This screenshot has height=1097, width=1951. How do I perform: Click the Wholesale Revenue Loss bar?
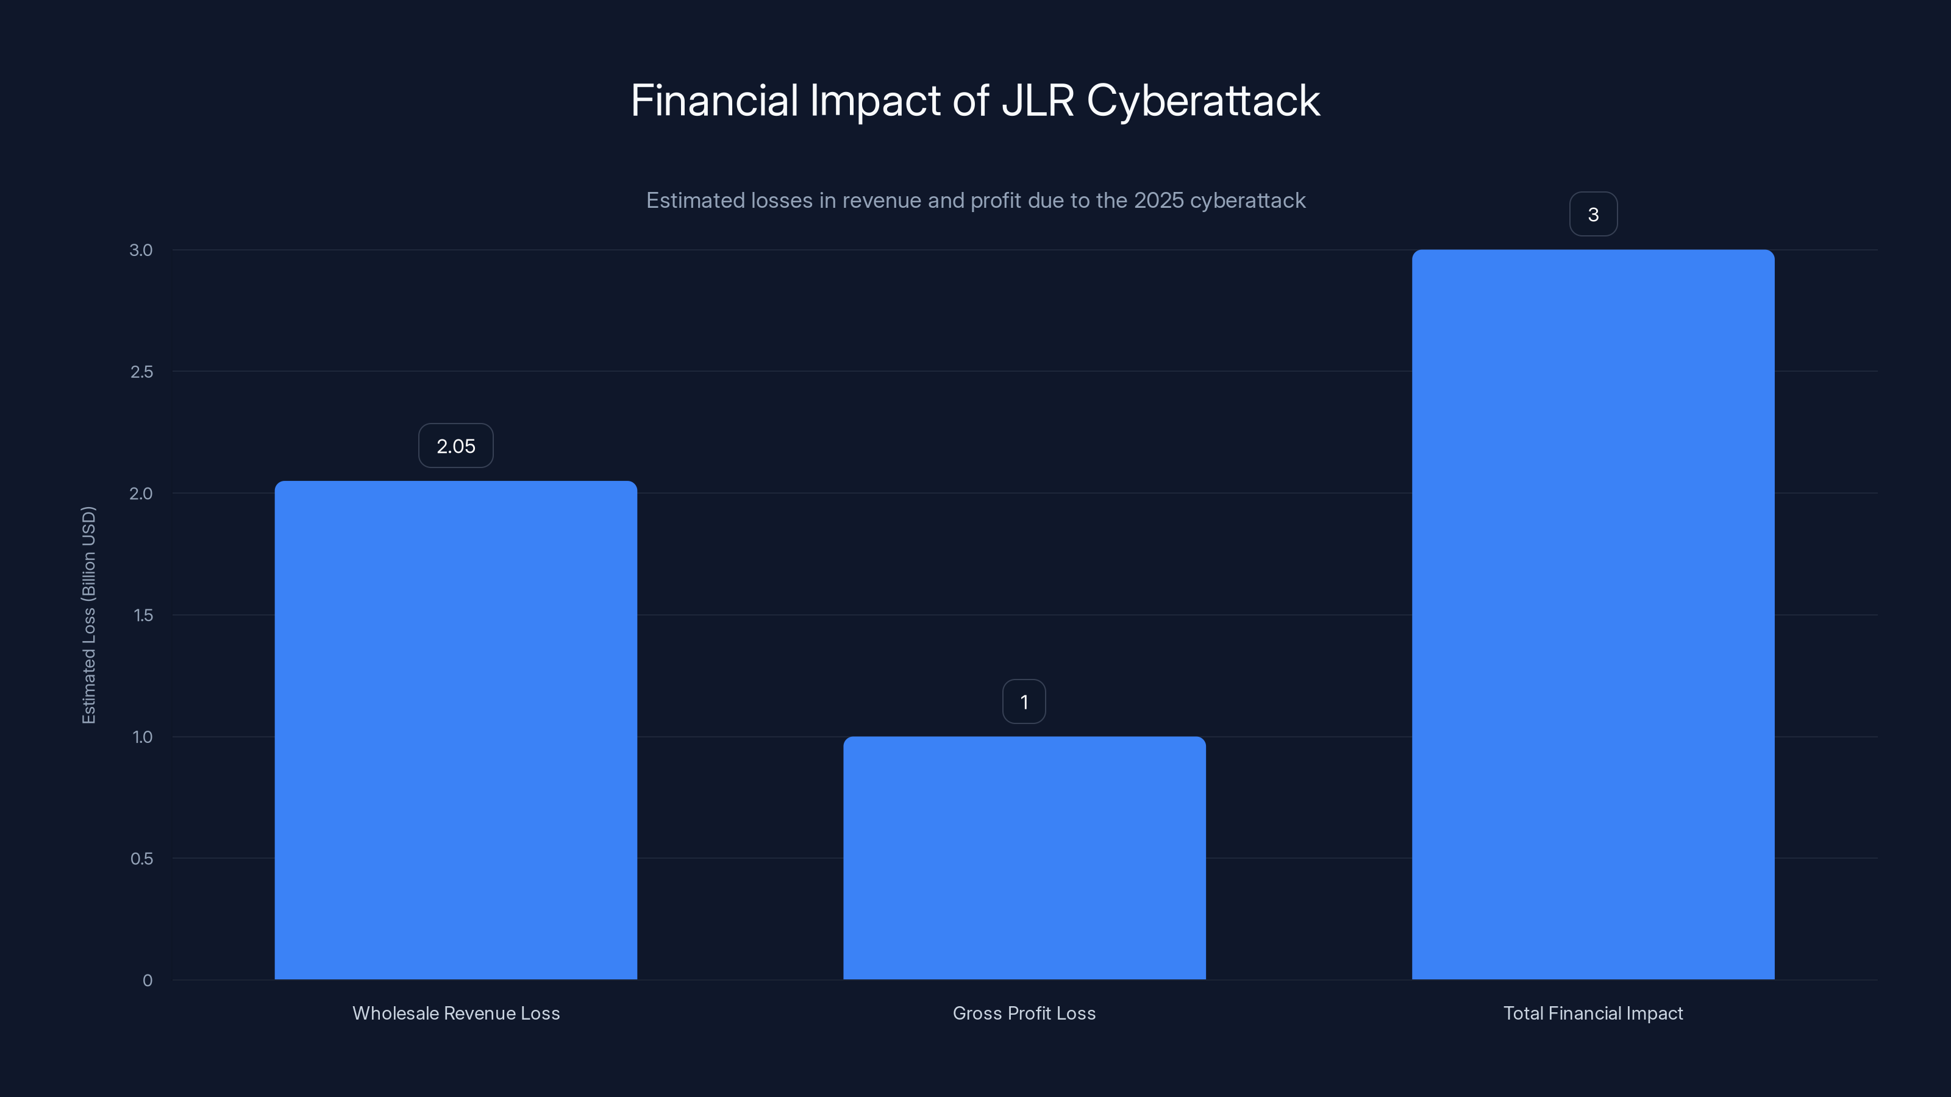click(455, 730)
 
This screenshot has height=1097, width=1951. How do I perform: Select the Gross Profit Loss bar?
click(1024, 857)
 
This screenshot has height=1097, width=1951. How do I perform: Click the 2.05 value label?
click(455, 446)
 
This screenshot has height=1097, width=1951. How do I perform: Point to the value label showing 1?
click(1024, 702)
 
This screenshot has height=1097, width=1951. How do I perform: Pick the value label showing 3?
click(1593, 215)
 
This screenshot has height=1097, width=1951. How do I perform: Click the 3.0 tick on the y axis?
click(141, 250)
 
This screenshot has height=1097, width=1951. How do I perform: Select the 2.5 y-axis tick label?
click(141, 372)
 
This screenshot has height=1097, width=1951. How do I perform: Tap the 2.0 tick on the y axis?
click(141, 494)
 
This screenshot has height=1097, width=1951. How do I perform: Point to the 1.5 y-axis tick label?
click(143, 616)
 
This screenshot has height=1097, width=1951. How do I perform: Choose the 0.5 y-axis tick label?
click(141, 859)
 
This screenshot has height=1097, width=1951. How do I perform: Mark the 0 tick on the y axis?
click(148, 981)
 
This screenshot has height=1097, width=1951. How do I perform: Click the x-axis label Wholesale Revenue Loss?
click(456, 1013)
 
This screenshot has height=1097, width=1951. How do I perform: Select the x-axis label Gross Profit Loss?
click(1024, 1013)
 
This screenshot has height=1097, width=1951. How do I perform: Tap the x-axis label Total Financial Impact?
click(1593, 1013)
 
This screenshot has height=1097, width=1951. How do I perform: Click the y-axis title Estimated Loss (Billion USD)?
click(88, 615)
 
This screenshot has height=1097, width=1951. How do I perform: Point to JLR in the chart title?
click(1037, 101)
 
